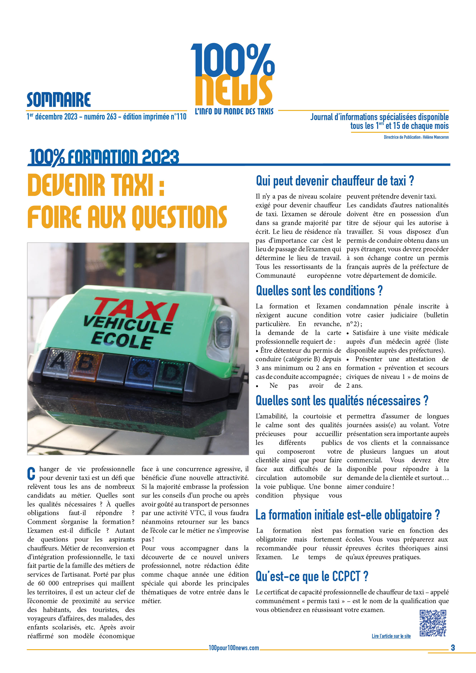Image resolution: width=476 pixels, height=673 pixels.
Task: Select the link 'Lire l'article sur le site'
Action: click(391, 636)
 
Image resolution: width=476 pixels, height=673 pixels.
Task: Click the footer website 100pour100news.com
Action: click(234, 648)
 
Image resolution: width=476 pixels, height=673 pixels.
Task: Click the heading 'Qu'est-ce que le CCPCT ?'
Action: click(312, 577)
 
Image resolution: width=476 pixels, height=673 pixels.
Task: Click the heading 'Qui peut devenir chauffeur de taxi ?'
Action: click(335, 181)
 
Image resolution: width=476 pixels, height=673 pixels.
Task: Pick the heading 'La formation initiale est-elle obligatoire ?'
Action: click(348, 515)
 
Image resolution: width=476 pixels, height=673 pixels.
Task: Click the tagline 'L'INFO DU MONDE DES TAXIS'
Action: click(234, 111)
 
